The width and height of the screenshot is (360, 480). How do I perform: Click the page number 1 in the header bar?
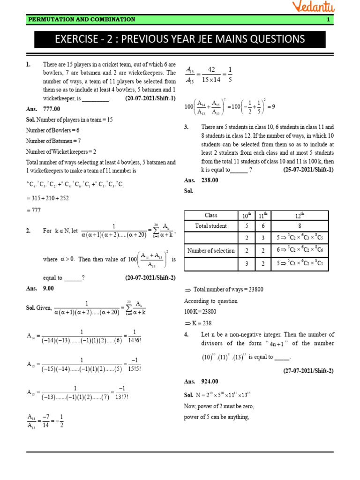click(x=328, y=20)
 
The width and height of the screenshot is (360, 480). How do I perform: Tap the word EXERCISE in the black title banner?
click(x=75, y=39)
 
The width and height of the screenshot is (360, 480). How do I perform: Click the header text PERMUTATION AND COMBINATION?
click(x=82, y=20)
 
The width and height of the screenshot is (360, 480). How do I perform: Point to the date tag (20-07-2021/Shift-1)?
click(x=150, y=98)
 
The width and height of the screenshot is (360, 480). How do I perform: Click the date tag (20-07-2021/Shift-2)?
click(x=150, y=278)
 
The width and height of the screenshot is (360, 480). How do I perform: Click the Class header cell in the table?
click(x=211, y=215)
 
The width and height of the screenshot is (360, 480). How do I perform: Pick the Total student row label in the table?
click(x=211, y=226)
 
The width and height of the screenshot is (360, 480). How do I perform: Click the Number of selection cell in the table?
click(x=211, y=250)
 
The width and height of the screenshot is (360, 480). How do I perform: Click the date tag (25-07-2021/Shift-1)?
click(x=308, y=170)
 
